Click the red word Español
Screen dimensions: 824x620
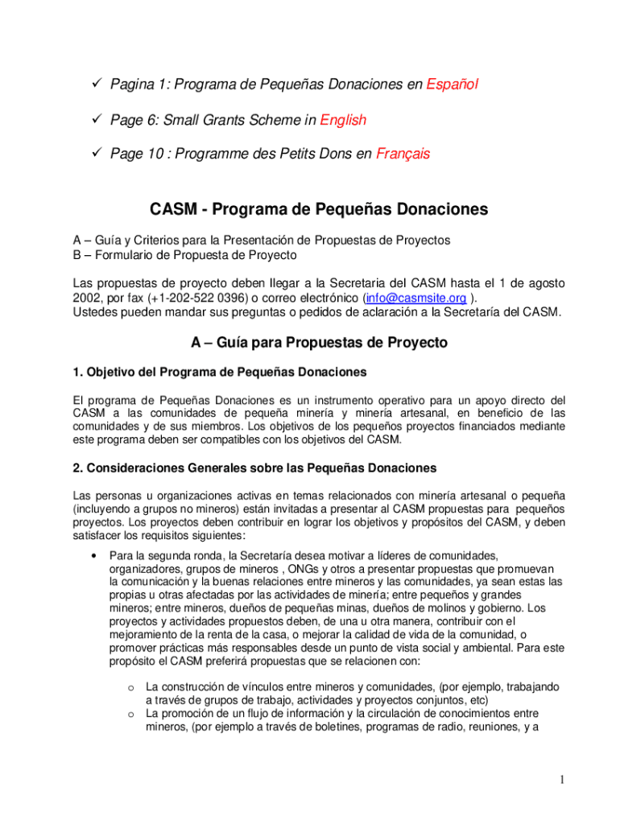(453, 84)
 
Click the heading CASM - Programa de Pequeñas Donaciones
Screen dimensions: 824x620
(319, 210)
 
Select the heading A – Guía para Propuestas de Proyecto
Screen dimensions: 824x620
(319, 343)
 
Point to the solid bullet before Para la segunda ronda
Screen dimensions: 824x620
(96, 555)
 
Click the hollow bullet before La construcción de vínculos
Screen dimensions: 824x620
(130, 686)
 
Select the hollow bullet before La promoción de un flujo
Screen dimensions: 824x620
(130, 714)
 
